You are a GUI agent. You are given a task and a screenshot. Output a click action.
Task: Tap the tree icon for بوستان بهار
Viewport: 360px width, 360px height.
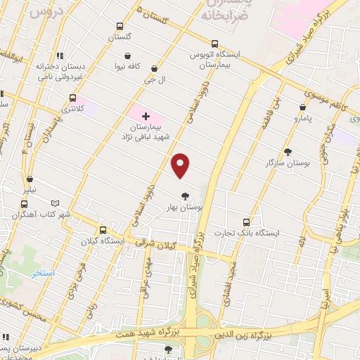pos(186,196)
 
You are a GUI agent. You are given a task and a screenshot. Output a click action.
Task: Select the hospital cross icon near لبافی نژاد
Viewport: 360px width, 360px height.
pos(146,116)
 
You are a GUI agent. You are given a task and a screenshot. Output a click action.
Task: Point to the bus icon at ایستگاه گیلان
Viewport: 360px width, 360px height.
pos(103,229)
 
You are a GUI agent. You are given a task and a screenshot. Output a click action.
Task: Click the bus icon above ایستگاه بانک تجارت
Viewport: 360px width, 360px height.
pos(245,221)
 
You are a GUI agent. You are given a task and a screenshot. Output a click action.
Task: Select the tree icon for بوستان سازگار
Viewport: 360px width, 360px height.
pos(288,151)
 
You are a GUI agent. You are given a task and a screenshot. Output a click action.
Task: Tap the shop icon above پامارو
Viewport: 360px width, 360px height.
pos(302,108)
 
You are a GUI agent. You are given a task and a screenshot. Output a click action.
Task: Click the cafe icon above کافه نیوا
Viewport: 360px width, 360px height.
pos(127,56)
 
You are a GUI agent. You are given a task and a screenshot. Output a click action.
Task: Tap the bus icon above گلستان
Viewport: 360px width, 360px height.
pos(120,27)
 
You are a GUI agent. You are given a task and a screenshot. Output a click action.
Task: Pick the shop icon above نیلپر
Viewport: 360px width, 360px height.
pos(30,179)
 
